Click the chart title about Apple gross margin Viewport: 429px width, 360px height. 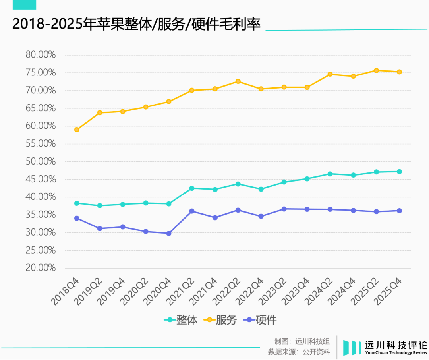tap(136, 25)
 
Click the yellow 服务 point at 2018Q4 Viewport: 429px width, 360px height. tap(77, 130)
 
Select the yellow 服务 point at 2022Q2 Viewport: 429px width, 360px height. tap(238, 81)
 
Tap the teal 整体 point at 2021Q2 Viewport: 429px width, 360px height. tap(192, 188)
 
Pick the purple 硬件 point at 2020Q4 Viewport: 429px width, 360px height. tap(169, 234)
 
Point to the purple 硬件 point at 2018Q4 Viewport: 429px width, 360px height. tap(77, 218)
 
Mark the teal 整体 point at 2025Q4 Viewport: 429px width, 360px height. tap(399, 172)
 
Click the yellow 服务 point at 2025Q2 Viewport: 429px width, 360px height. tap(376, 70)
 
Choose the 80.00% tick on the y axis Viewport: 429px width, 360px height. tap(41, 55)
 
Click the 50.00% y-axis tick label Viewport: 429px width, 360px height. tap(41, 161)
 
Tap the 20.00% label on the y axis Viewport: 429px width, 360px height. tap(41, 268)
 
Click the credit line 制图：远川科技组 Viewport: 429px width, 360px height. tap(302, 341)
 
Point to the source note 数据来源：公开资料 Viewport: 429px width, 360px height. tap(299, 352)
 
